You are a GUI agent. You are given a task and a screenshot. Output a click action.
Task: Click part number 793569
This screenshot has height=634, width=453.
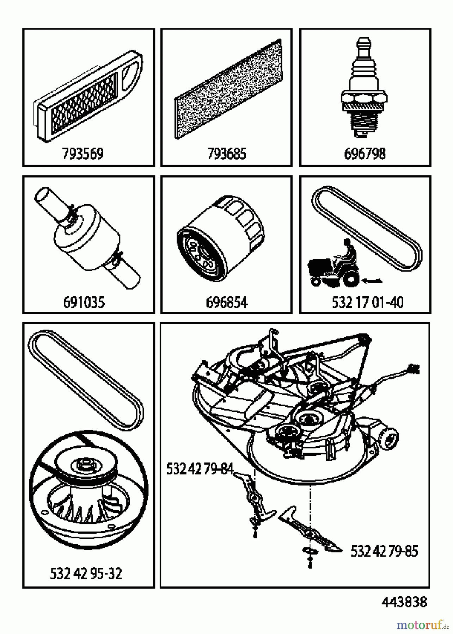(x=83, y=154)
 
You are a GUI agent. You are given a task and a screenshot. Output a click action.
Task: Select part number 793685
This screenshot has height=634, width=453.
(x=226, y=154)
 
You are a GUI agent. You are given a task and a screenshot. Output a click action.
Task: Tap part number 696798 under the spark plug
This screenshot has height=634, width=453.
(x=365, y=154)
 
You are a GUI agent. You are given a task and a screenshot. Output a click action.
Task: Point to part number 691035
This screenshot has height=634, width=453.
(x=84, y=302)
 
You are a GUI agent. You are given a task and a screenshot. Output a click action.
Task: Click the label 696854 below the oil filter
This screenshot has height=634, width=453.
(x=226, y=302)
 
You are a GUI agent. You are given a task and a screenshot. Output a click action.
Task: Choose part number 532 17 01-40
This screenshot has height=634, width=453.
(x=368, y=302)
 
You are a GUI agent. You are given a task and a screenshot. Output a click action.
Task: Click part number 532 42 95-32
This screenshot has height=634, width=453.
(x=86, y=574)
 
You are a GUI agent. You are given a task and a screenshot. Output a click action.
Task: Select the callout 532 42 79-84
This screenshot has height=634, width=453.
(x=200, y=469)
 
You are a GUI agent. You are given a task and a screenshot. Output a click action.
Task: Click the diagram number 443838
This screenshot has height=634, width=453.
(x=404, y=602)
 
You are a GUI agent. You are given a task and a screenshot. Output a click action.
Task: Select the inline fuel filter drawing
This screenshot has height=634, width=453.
(x=88, y=240)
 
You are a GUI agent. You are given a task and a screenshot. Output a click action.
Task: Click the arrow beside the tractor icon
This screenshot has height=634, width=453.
(x=372, y=280)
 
